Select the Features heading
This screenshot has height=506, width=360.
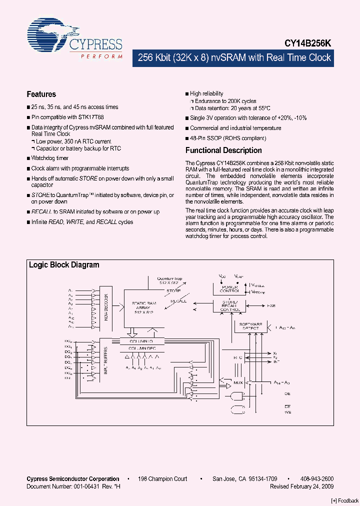tap(41, 94)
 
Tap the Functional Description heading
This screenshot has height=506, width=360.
tap(223, 150)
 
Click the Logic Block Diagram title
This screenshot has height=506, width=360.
tap(64, 265)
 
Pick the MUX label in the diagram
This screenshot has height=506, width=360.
tap(238, 383)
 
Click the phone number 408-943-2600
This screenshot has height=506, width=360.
tap(317, 479)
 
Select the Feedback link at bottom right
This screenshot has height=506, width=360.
tap(345, 501)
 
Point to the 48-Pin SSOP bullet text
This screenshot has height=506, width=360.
tap(228, 138)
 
